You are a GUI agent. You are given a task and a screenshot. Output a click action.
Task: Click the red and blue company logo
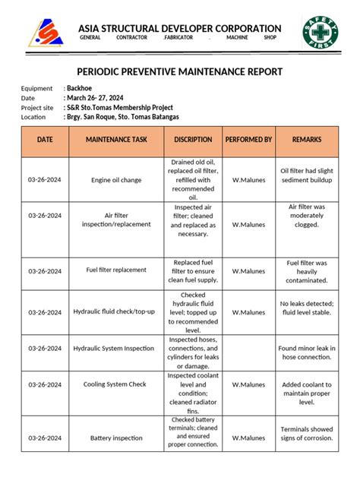coord(46,33)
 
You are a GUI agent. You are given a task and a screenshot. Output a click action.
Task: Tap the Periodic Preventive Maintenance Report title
coord(180,72)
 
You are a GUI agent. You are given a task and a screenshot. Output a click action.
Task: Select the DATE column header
coord(45,140)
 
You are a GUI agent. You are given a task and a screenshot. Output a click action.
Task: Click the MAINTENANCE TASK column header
coord(116,140)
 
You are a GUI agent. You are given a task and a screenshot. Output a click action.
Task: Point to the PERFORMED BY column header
coord(248,140)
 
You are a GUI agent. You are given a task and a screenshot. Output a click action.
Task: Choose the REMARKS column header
coord(307,140)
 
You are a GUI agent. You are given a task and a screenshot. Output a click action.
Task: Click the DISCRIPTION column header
coord(193,140)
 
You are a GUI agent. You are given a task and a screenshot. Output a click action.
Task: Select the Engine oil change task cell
coord(116,180)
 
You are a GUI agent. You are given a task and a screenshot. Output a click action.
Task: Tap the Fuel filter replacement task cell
coord(116,270)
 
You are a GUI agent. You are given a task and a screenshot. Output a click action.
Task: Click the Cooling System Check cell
coord(116,384)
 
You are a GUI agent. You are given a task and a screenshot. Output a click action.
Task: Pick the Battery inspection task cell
coord(116,438)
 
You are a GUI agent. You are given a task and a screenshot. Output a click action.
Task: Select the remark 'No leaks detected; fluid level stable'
coord(307,308)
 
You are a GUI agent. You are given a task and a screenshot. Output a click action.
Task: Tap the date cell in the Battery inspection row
coord(45,438)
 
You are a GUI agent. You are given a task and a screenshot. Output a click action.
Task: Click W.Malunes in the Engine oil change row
coord(248,180)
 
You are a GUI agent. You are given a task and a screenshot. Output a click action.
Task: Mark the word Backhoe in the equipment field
coord(81,89)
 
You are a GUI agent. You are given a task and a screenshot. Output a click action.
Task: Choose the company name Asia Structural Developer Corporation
coord(180,29)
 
